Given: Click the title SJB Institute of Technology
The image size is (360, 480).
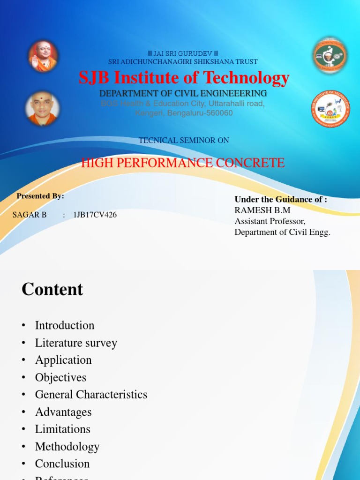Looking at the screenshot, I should coord(184,78).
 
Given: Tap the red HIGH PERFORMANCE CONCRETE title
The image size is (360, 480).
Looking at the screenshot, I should coord(183,163).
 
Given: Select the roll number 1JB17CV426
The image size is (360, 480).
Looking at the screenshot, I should coord(95,215).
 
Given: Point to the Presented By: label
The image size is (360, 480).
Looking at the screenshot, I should coord(40,196).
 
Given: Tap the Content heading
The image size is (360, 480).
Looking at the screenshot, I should coord(52,289).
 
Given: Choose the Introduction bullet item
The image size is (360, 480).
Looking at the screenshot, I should coord(65,325).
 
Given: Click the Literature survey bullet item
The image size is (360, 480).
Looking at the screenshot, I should coord(76,343).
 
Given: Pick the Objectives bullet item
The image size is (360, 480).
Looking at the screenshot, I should coord(61,377).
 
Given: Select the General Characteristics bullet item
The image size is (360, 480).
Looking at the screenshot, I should coord(91,395).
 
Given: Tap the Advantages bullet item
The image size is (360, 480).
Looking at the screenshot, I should coord(63,412).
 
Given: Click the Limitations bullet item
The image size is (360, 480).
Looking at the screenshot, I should coord(63,429).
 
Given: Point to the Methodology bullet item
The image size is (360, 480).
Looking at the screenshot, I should coord(67,446).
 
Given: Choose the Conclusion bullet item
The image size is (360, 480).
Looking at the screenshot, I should coord(62,464).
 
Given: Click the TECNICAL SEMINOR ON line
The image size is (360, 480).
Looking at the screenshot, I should coord(184,140).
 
